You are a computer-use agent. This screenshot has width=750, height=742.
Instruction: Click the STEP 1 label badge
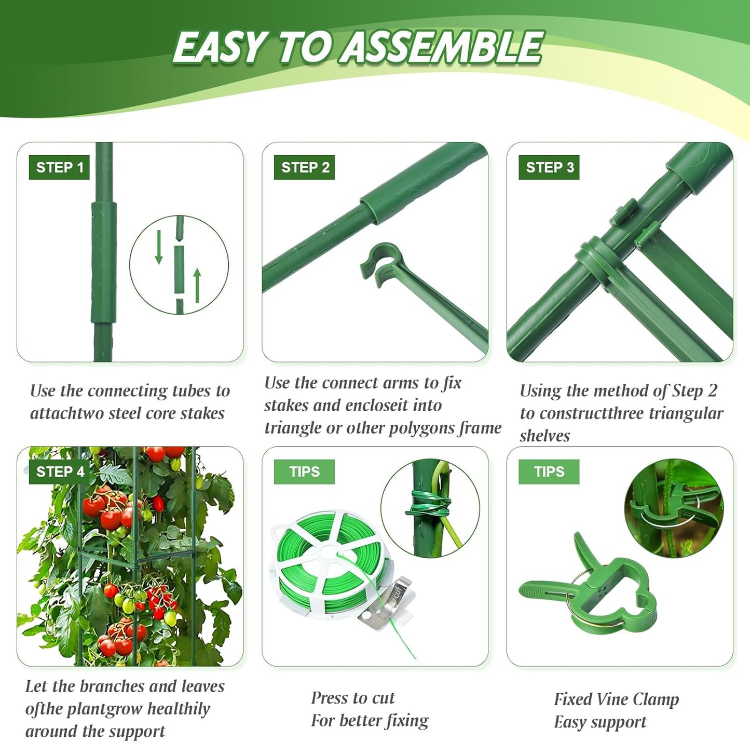(x=59, y=167)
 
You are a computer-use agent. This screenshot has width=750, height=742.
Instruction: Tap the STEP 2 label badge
(x=305, y=167)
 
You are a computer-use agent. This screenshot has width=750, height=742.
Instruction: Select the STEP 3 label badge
(x=549, y=167)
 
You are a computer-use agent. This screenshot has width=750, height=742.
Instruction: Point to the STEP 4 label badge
(x=59, y=471)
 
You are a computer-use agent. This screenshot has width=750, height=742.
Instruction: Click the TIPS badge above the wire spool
(x=304, y=471)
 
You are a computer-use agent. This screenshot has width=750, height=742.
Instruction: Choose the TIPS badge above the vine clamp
(x=549, y=471)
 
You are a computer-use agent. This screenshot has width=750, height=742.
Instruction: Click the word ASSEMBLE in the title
(x=443, y=47)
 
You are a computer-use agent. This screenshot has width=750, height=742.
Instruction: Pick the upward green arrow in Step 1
(x=197, y=285)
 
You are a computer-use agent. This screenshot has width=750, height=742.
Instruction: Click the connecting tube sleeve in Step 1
(x=104, y=262)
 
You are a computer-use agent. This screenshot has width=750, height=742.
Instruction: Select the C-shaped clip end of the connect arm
(x=382, y=262)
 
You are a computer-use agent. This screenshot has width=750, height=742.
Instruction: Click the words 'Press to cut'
(x=353, y=698)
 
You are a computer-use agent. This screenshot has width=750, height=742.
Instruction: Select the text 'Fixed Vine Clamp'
(x=616, y=699)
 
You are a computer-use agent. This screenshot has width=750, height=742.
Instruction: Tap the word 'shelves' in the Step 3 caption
(x=544, y=436)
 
